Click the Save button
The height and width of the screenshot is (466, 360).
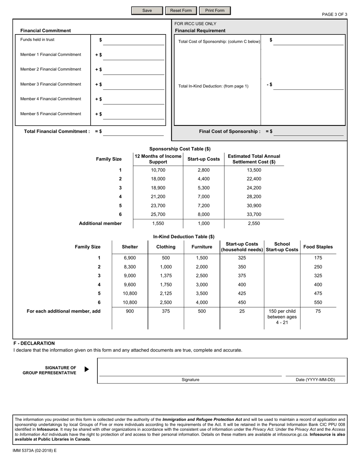(x=147, y=11)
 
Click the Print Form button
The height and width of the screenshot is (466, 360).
(x=214, y=11)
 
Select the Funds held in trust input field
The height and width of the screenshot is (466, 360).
(x=134, y=41)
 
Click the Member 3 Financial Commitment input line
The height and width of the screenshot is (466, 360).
(x=134, y=85)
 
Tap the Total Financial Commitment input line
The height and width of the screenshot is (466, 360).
(x=134, y=131)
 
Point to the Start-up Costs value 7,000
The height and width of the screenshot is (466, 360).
(x=203, y=197)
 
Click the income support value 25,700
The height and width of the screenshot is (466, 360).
(x=158, y=214)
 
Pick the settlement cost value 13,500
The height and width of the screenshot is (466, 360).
(x=254, y=170)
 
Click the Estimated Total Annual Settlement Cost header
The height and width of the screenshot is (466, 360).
(x=254, y=159)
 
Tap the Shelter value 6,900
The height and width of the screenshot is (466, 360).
(x=130, y=258)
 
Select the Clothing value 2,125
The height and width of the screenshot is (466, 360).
(x=166, y=294)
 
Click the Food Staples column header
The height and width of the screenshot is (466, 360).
(x=318, y=247)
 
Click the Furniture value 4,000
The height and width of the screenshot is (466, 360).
(x=202, y=303)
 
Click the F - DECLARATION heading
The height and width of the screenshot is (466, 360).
(x=34, y=343)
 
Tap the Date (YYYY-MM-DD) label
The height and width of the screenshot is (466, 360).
(x=315, y=380)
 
